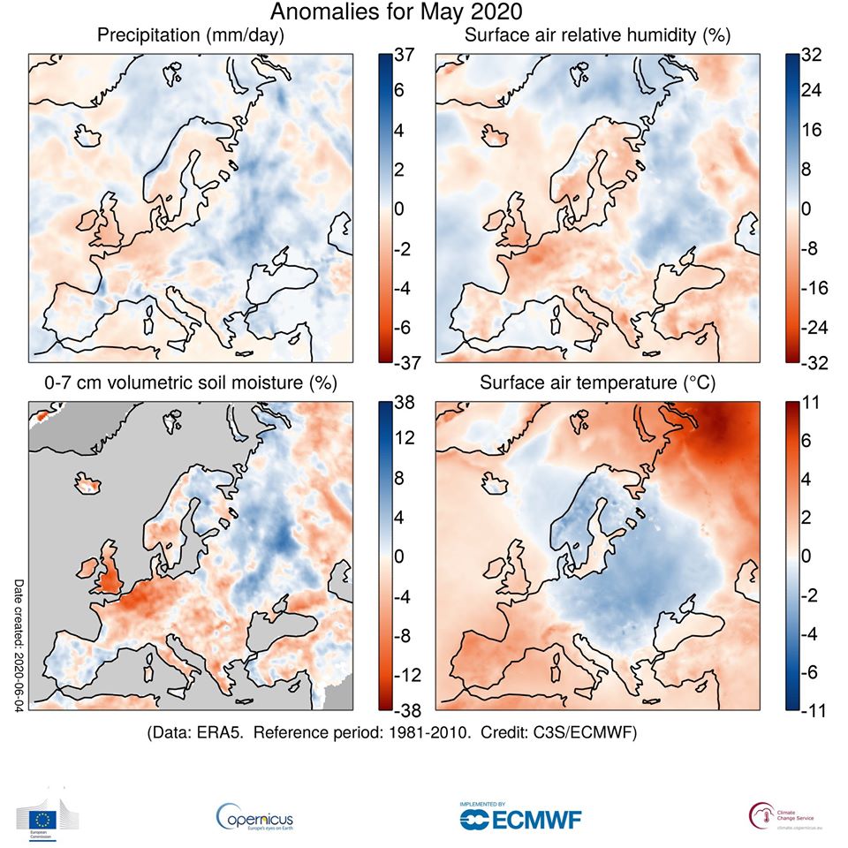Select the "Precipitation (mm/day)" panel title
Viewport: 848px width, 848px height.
(191, 35)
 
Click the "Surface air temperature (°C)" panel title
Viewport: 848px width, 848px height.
(593, 382)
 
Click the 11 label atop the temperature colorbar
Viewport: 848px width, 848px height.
(810, 403)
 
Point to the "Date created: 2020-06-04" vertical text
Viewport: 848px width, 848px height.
(19, 642)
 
